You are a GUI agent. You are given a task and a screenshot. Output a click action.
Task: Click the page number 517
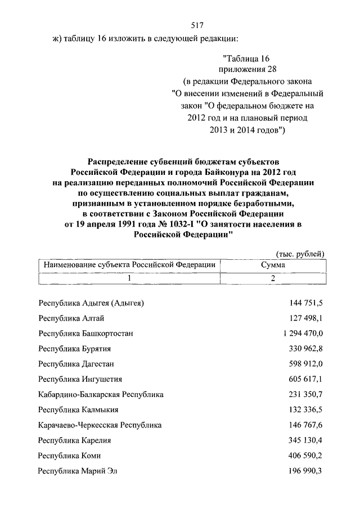[x=195, y=25]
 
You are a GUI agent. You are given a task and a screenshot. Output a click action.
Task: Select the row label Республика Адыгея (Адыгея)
[x=91, y=303]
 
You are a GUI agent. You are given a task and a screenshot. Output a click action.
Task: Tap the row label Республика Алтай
[x=69, y=318]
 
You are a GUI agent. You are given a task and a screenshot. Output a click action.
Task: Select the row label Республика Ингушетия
[x=80, y=379]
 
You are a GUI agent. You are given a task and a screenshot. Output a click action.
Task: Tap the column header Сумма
[x=273, y=264]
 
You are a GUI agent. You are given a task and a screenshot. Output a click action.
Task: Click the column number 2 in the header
[x=273, y=278]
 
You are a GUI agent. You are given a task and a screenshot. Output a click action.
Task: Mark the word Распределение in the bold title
[x=117, y=161]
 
